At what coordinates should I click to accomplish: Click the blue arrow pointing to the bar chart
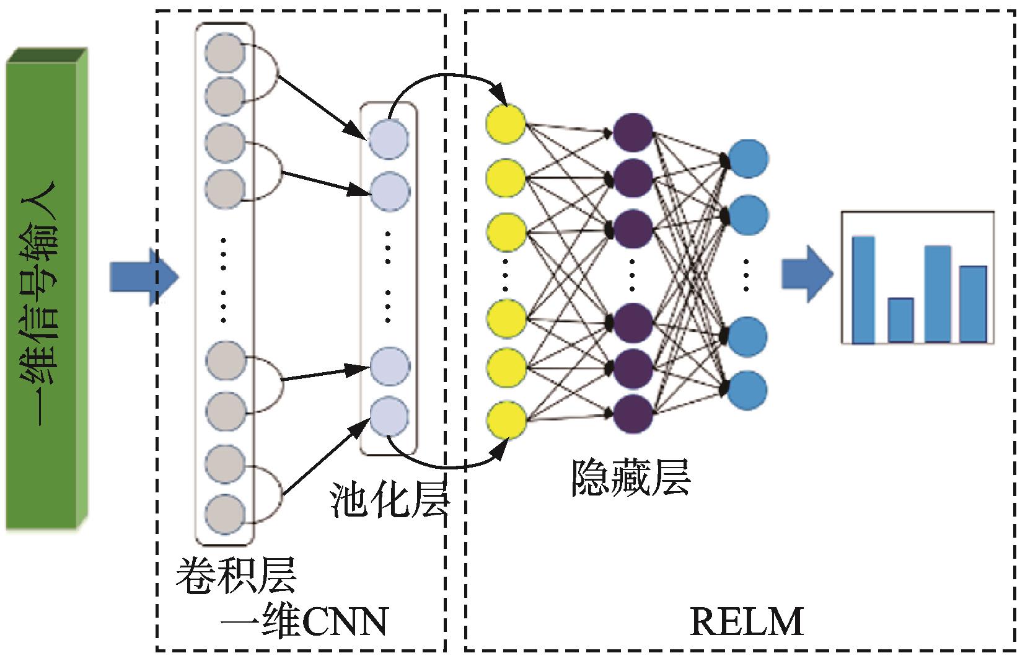pos(806,273)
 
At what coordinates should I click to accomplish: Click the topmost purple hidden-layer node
pos(633,131)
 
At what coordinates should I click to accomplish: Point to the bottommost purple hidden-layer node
pos(633,412)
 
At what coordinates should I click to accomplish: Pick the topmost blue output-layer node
pos(748,159)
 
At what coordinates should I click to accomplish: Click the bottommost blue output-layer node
pos(748,390)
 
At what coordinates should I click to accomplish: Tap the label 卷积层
pos(236,576)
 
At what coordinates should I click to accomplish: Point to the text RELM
pos(747,622)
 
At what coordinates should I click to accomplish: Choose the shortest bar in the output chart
pos(901,320)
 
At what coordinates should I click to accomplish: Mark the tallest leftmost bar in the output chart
pos(863,289)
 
